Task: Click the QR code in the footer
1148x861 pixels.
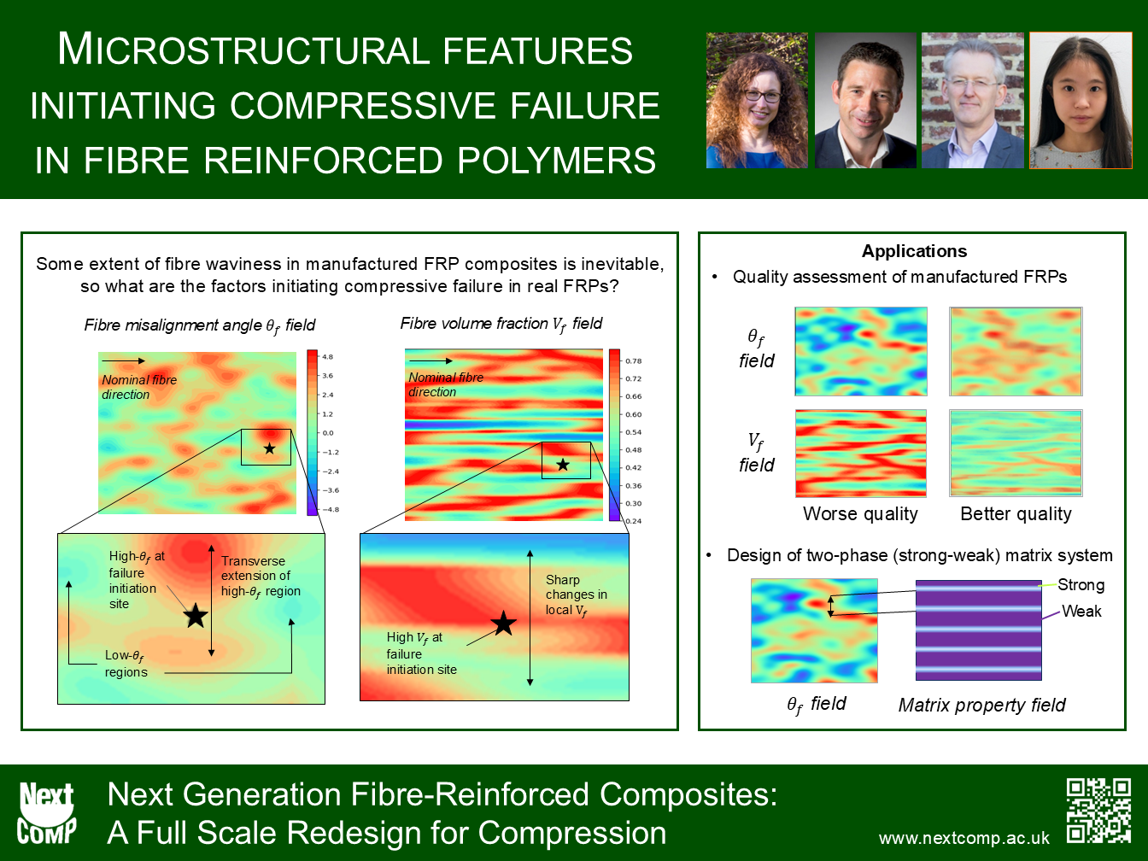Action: tap(1098, 811)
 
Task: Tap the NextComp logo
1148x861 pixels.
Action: tap(46, 813)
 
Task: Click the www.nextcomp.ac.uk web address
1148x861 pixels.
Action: tap(963, 838)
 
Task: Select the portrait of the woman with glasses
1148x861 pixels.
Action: tap(757, 101)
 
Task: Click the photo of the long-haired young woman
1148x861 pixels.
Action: tap(1081, 101)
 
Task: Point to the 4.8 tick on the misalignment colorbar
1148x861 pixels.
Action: tap(327, 357)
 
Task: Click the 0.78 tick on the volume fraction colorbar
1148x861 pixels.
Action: tap(633, 360)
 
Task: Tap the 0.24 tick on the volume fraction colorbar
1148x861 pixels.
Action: tap(633, 521)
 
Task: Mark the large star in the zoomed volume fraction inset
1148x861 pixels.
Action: tap(504, 623)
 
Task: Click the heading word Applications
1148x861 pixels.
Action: tap(914, 251)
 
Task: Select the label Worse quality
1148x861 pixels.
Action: tap(860, 514)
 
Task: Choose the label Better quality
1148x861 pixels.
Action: tap(1016, 514)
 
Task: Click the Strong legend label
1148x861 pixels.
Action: tap(1081, 584)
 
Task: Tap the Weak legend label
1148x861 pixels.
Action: tap(1081, 611)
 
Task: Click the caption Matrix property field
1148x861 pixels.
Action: tap(981, 706)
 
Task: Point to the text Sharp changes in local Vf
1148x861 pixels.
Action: tap(577, 594)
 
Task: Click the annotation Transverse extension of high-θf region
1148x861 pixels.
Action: tap(261, 576)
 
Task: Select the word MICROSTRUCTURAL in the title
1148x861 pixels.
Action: tap(345, 50)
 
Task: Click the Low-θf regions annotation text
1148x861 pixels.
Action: tap(126, 664)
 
